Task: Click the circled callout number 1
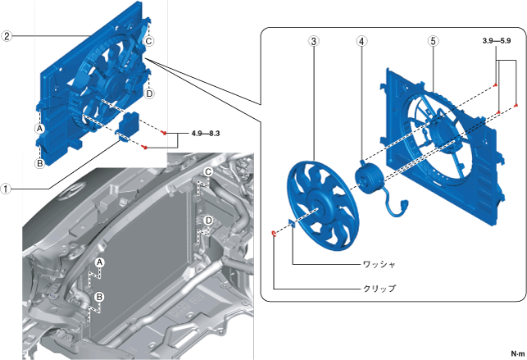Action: [7, 188]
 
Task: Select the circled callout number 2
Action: [7, 36]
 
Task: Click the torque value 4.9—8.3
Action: [207, 132]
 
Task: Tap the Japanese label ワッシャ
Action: [379, 265]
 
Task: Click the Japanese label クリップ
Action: [379, 289]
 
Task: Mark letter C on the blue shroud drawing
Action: [149, 41]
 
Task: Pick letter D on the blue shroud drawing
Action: [150, 93]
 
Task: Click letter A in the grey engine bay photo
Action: [99, 262]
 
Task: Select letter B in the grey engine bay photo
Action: [99, 296]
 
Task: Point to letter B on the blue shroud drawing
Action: [39, 162]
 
